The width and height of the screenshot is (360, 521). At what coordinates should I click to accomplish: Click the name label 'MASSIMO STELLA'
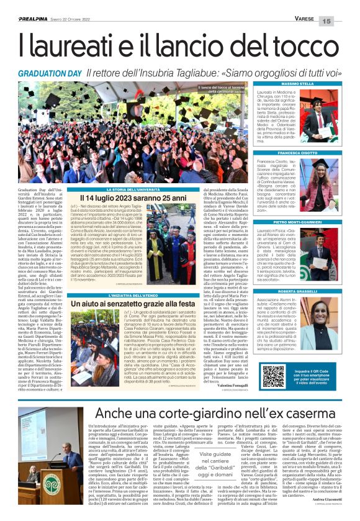point(297,83)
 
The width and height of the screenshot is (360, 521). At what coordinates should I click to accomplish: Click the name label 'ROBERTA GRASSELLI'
point(297,291)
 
